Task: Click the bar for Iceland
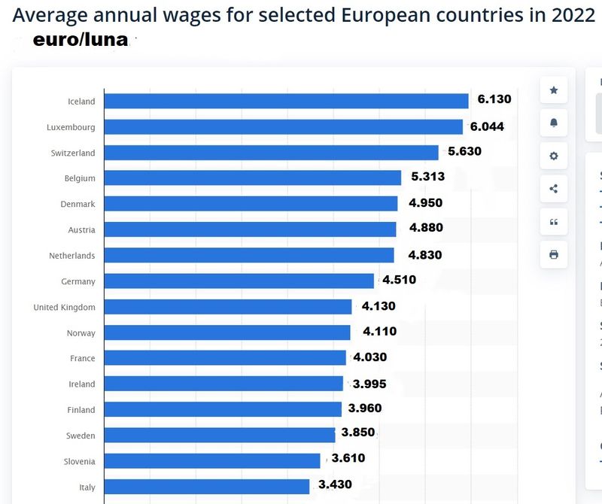click(x=286, y=102)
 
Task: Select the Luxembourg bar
click(x=283, y=127)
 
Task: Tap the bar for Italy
click(x=206, y=487)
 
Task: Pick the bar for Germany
click(x=239, y=281)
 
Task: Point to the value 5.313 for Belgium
click(x=427, y=177)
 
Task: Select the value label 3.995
click(x=369, y=384)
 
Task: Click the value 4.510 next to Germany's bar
click(x=399, y=281)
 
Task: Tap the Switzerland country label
click(x=73, y=153)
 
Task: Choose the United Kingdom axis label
click(x=64, y=308)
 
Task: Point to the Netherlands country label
click(x=72, y=256)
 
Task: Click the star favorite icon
click(x=554, y=90)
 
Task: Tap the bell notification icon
click(x=554, y=123)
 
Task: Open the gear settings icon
click(x=554, y=156)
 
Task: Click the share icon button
click(x=554, y=189)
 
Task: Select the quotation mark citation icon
click(x=554, y=222)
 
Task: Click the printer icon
click(x=554, y=255)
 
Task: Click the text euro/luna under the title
click(x=80, y=41)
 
